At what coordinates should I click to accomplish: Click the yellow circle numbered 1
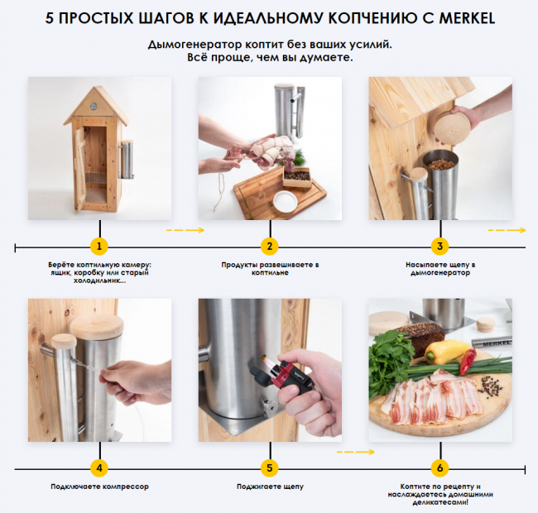(99, 247)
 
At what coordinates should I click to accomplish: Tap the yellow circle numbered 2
(270, 247)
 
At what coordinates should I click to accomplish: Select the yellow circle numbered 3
(440, 247)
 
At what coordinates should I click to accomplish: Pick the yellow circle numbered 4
(99, 468)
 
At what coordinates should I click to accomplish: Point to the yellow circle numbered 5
(270, 468)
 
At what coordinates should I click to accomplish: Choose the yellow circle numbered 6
(440, 468)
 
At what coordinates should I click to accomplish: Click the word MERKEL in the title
(467, 18)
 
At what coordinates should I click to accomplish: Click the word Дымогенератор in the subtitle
(195, 45)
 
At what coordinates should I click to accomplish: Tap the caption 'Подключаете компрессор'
(99, 487)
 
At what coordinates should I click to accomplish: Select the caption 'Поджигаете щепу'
(270, 487)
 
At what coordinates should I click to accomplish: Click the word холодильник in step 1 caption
(97, 280)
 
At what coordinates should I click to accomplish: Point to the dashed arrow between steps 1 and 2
(185, 230)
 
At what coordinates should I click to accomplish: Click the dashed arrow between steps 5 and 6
(355, 452)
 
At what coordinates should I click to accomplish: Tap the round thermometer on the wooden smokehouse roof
(94, 106)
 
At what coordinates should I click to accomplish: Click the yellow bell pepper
(445, 352)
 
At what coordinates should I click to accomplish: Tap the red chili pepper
(468, 361)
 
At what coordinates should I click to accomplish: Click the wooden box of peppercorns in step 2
(297, 177)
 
